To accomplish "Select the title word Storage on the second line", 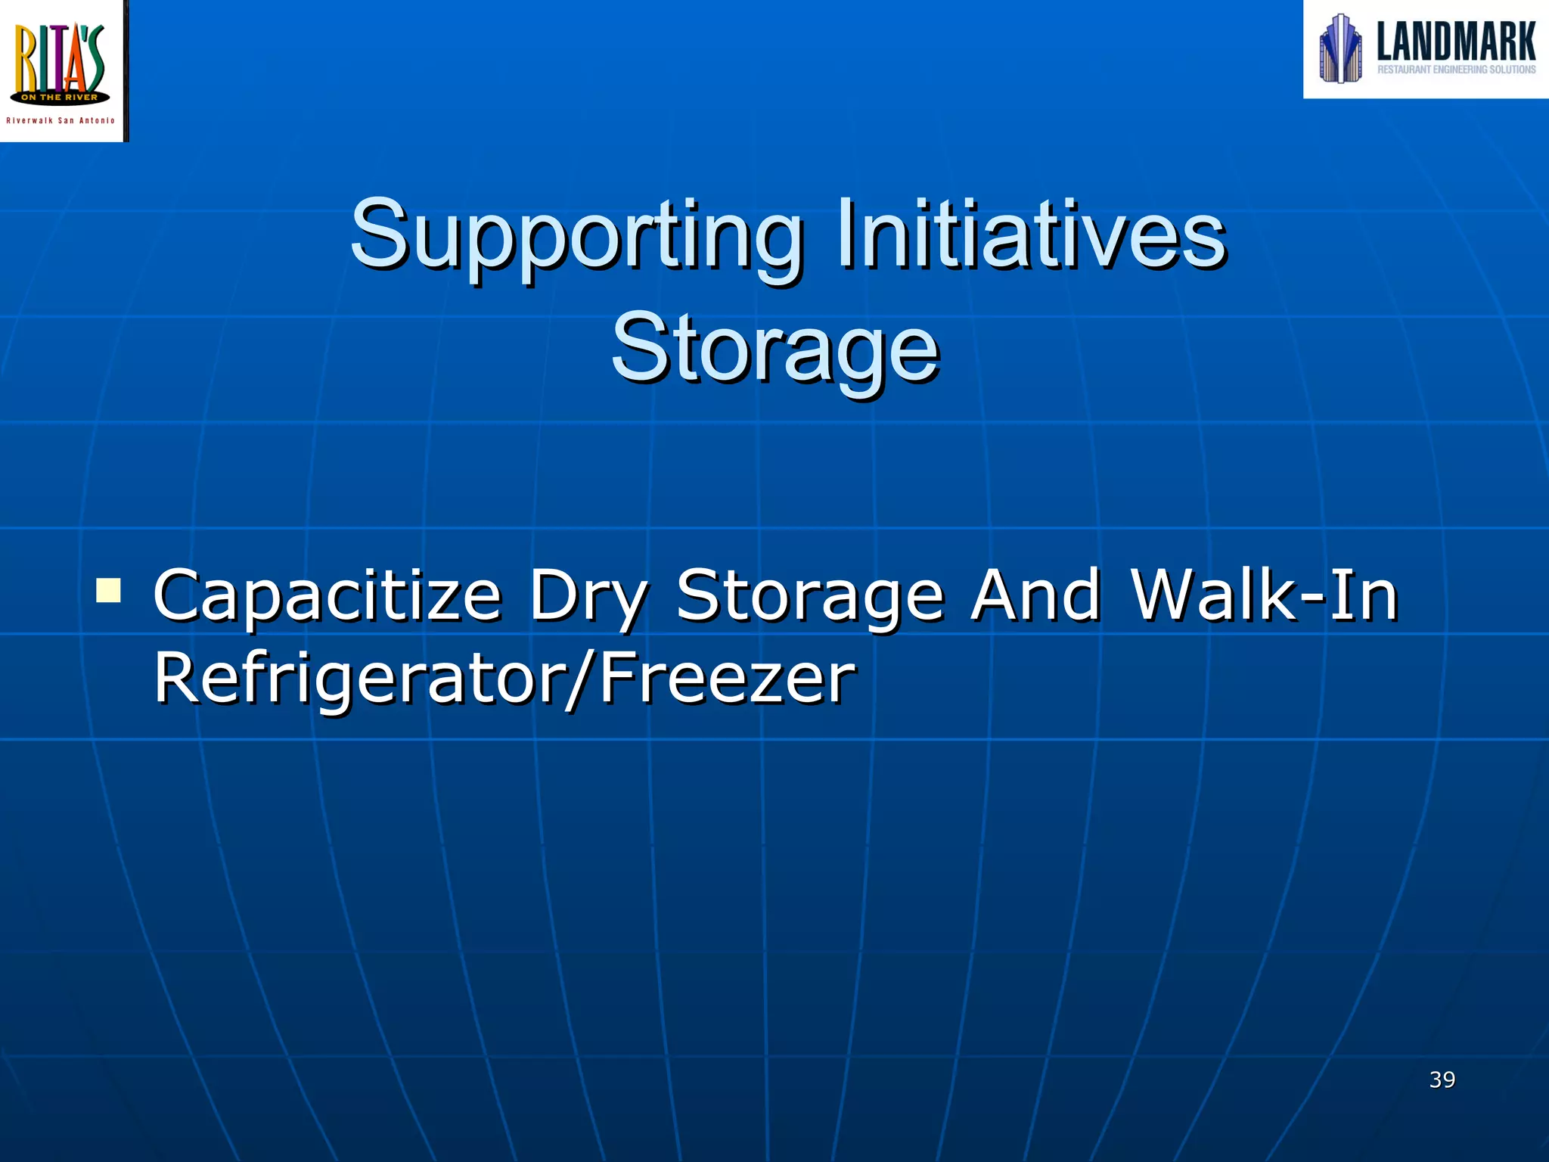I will click(x=774, y=350).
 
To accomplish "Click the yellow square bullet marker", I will click(x=109, y=590).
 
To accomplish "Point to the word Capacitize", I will click(x=327, y=596).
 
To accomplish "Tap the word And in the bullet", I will click(x=1035, y=595).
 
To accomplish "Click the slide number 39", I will click(x=1442, y=1080).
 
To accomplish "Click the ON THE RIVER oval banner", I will click(x=60, y=98).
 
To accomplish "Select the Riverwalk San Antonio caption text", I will click(x=61, y=121).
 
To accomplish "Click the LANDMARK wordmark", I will click(x=1456, y=42).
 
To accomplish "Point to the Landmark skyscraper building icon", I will click(x=1340, y=48).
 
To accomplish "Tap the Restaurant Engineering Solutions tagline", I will click(x=1456, y=70).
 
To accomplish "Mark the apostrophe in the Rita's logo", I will click(x=85, y=33).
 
